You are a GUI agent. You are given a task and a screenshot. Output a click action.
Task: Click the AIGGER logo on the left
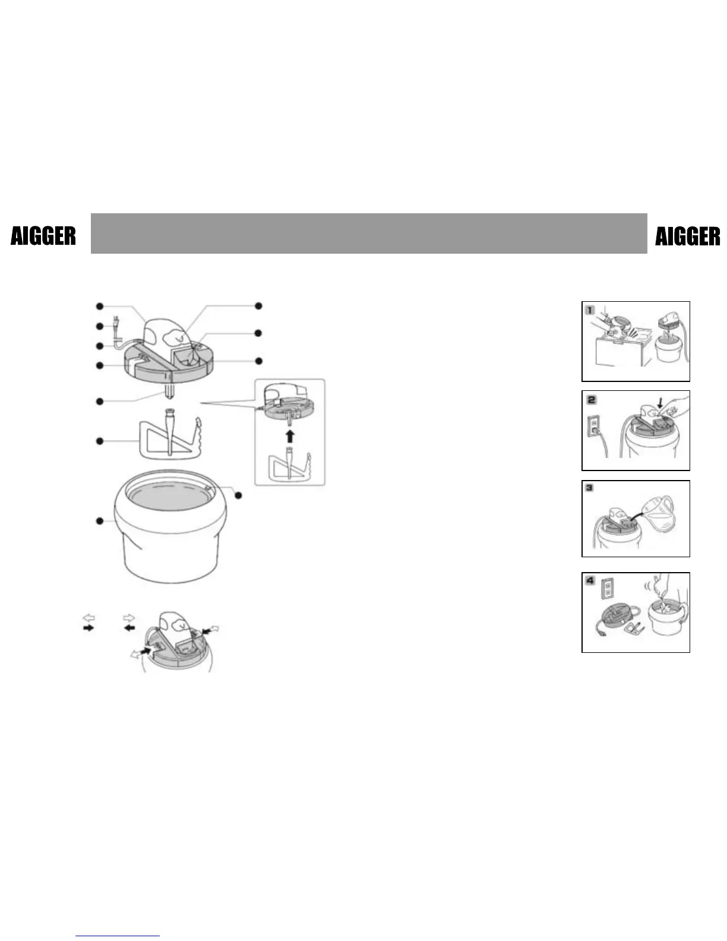click(43, 236)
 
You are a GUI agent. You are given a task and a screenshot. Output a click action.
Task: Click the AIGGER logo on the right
click(687, 236)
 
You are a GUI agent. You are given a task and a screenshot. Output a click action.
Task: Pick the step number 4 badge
click(590, 580)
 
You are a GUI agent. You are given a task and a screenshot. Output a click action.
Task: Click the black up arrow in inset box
click(290, 437)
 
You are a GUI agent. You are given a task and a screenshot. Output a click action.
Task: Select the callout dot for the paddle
click(100, 441)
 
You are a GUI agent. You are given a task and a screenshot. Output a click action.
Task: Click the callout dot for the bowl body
click(100, 521)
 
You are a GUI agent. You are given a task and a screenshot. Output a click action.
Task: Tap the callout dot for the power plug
click(100, 326)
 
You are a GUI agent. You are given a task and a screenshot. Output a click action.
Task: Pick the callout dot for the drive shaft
click(100, 402)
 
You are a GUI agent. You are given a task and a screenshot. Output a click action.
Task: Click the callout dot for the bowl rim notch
click(239, 495)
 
